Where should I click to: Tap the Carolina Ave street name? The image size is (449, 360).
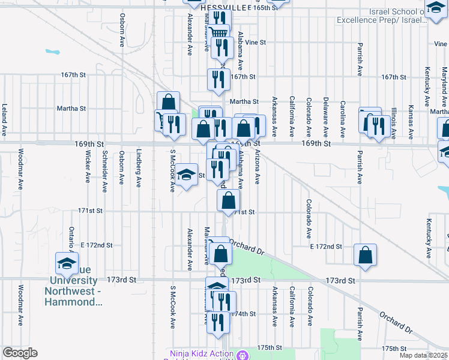point(342,116)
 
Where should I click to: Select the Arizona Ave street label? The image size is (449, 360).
point(256,167)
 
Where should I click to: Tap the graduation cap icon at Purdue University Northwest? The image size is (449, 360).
point(67,263)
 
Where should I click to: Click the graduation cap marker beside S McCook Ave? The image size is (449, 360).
point(187,175)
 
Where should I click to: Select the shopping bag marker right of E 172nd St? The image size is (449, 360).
point(365,255)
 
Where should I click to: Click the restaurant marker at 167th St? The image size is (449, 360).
point(218,80)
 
